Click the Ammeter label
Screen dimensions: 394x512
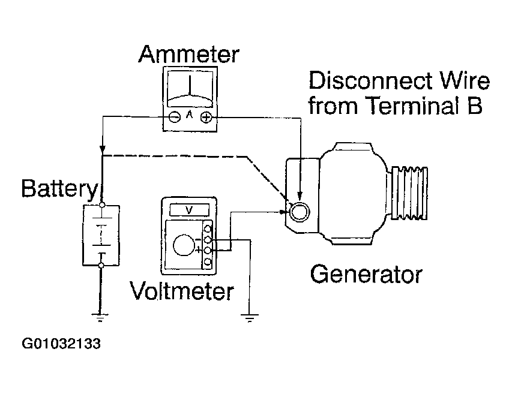pyautogui.click(x=189, y=54)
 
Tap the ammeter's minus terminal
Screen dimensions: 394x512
pyautogui.click(x=174, y=117)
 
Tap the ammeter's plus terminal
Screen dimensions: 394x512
pyautogui.click(x=205, y=117)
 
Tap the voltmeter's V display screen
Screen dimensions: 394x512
pyautogui.click(x=190, y=210)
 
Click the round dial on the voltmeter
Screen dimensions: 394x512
pyautogui.click(x=182, y=245)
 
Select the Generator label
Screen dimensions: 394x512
pyautogui.click(x=366, y=275)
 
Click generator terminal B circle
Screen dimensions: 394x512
pyautogui.click(x=298, y=210)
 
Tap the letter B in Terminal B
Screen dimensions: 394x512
pyautogui.click(x=475, y=107)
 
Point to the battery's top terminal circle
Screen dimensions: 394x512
pyautogui.click(x=103, y=205)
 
